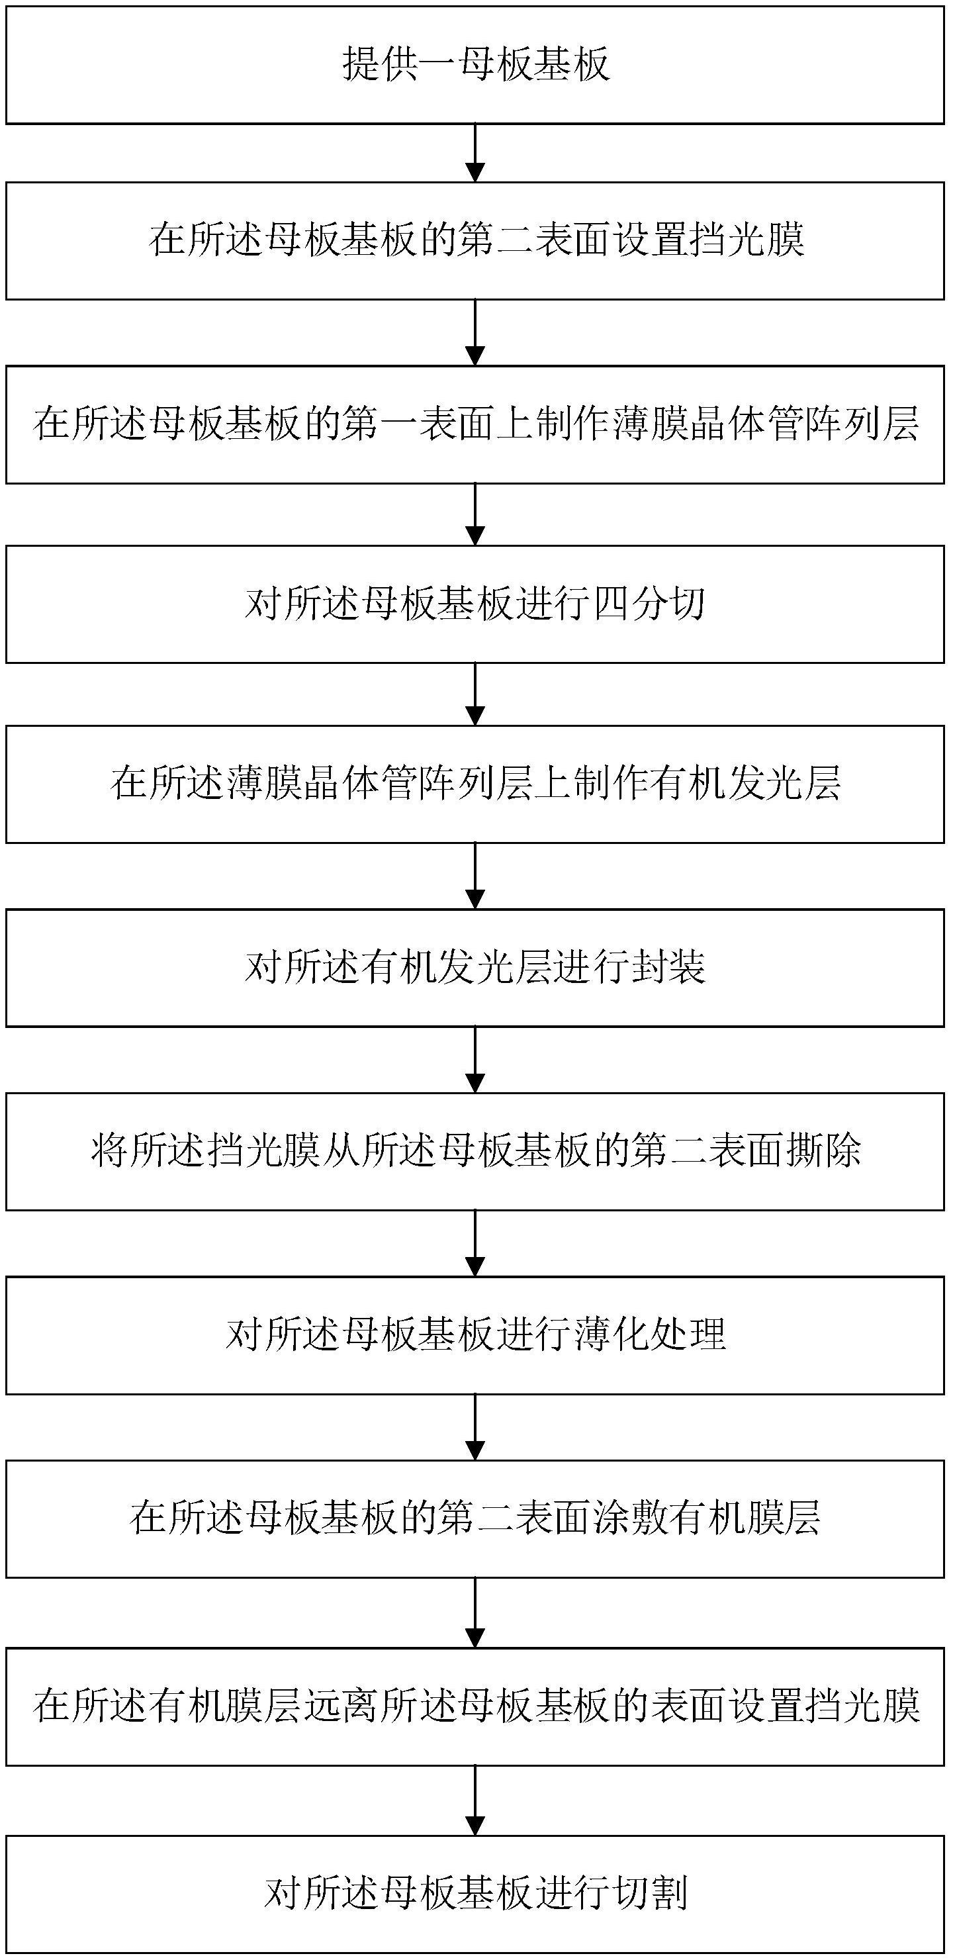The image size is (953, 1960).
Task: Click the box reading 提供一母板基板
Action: click(x=475, y=65)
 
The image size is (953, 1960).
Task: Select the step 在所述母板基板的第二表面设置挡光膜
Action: click(x=475, y=240)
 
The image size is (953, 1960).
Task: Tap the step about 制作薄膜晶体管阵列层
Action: click(x=475, y=424)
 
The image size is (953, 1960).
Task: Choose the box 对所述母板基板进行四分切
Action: click(x=475, y=604)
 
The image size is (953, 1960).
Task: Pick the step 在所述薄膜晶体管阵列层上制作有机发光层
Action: click(x=475, y=784)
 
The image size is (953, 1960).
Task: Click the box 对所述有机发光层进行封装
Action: click(x=475, y=968)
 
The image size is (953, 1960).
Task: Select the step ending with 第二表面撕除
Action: click(x=475, y=1151)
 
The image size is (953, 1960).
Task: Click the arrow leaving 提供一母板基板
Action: click(x=475, y=153)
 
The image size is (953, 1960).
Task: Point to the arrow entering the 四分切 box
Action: click(x=475, y=514)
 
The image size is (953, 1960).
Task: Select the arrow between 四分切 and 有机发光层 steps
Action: click(x=475, y=694)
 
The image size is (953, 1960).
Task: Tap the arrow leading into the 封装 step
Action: click(x=475, y=876)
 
